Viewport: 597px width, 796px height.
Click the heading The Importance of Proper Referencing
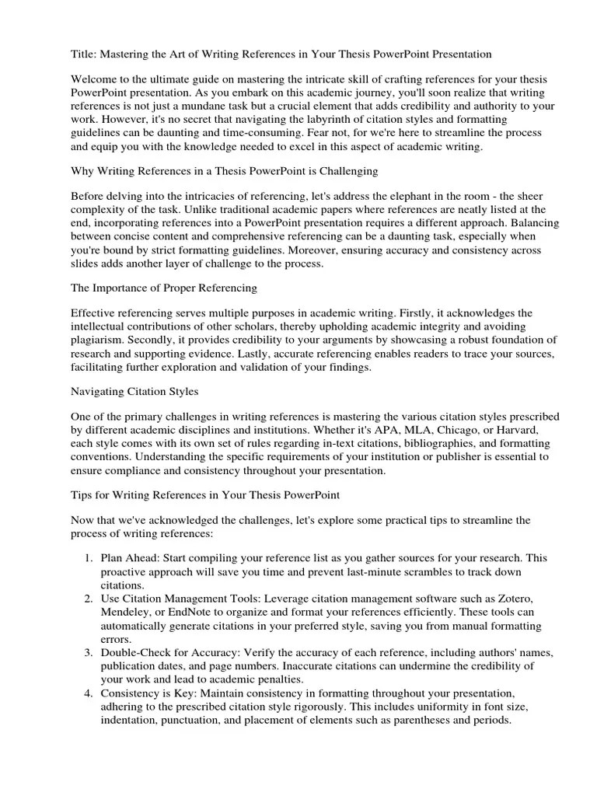164,288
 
